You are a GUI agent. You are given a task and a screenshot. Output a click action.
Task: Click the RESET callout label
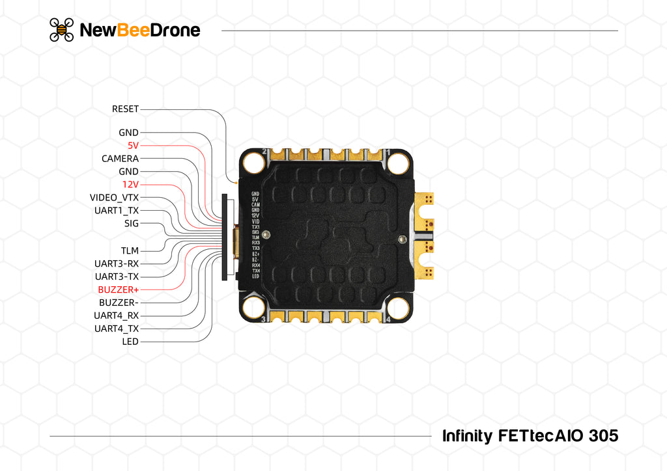[125, 109]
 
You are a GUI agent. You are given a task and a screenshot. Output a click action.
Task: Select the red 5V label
[133, 146]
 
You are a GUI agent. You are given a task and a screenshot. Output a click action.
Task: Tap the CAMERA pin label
[120, 159]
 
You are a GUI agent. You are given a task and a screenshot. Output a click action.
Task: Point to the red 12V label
[130, 185]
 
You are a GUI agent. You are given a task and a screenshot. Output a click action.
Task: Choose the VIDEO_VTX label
[114, 198]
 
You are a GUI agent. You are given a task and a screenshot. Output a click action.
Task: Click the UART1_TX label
[117, 211]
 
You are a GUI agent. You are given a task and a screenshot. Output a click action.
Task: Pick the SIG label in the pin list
[131, 224]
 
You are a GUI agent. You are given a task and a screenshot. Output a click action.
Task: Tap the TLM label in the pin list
[130, 250]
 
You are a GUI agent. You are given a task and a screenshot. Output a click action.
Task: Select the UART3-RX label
[117, 263]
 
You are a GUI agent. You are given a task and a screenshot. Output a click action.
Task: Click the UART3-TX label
[117, 276]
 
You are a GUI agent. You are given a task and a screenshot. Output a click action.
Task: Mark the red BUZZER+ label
[118, 289]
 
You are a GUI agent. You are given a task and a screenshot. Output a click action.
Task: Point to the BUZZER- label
[119, 303]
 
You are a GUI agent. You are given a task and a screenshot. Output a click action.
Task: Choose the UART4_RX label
[117, 316]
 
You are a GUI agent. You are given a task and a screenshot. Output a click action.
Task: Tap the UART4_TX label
[117, 329]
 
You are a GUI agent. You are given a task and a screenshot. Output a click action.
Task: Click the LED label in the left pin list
[130, 342]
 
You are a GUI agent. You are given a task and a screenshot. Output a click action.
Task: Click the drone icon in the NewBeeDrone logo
[62, 30]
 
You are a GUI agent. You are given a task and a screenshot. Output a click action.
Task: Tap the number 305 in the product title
[603, 435]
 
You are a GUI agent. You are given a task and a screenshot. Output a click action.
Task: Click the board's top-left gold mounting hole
[253, 163]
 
